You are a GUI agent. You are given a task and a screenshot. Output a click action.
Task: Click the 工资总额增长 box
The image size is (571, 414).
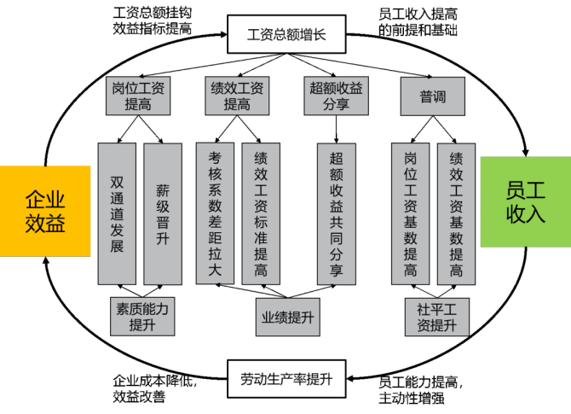pyautogui.click(x=286, y=35)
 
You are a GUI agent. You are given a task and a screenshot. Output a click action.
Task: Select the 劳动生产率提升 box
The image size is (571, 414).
pyautogui.click(x=286, y=378)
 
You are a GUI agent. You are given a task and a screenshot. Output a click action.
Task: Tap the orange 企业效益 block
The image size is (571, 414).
pyautogui.click(x=45, y=211)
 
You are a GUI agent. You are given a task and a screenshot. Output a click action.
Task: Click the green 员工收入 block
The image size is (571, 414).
pyautogui.click(x=525, y=202)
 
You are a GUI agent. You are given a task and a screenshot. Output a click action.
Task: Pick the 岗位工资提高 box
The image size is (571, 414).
pyautogui.click(x=138, y=96)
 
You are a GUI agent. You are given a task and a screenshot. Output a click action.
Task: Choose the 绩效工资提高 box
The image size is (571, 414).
pyautogui.click(x=237, y=96)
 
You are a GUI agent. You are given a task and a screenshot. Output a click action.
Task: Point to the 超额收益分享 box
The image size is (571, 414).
pyautogui.click(x=337, y=96)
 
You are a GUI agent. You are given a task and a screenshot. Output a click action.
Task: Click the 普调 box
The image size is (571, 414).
pyautogui.click(x=433, y=96)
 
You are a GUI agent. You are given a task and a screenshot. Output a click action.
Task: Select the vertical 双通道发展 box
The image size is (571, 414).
pyautogui.click(x=117, y=213)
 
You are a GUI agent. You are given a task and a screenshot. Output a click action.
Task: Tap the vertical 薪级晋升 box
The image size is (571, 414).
pyautogui.click(x=162, y=213)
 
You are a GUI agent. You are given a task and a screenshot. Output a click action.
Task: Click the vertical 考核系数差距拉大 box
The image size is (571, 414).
pyautogui.click(x=215, y=213)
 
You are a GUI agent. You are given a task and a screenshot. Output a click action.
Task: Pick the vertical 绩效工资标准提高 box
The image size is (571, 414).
pyautogui.click(x=261, y=213)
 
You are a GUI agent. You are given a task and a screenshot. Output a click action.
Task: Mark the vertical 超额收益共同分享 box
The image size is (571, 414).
pyautogui.click(x=337, y=213)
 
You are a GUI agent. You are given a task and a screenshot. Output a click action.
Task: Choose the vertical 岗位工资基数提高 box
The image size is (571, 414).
pyautogui.click(x=410, y=213)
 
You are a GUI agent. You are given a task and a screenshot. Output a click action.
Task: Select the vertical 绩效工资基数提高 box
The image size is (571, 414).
pyautogui.click(x=456, y=213)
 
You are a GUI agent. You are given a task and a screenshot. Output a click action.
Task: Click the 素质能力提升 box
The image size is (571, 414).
pyautogui.click(x=142, y=317)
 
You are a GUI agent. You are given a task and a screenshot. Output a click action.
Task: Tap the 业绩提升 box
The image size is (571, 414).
pyautogui.click(x=287, y=317)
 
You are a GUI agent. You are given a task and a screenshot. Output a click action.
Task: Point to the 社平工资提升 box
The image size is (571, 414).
pyautogui.click(x=437, y=317)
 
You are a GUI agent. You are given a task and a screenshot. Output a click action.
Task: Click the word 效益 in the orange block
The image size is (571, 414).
pyautogui.click(x=45, y=224)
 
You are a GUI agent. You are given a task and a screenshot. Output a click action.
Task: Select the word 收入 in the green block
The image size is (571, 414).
pyautogui.click(x=525, y=214)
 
